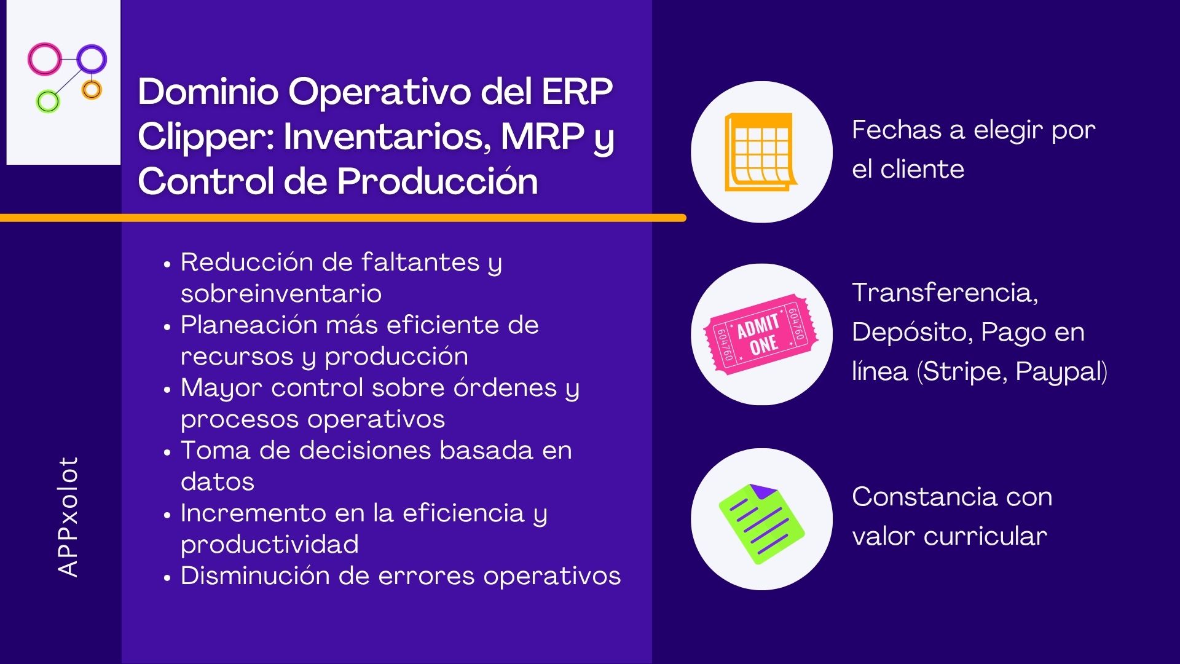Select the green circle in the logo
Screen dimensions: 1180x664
[x=39, y=101]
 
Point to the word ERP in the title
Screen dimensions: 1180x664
[x=577, y=92]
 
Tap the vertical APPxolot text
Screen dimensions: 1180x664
[x=68, y=516]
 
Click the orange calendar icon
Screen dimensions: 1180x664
[x=760, y=152]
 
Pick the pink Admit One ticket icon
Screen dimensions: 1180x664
[x=761, y=334]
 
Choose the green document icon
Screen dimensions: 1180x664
[x=761, y=523]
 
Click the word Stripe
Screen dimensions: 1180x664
[x=962, y=372]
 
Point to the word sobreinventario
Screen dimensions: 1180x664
[x=281, y=293]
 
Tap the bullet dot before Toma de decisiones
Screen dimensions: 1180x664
[x=167, y=453]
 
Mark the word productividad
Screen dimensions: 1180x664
[x=270, y=545]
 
